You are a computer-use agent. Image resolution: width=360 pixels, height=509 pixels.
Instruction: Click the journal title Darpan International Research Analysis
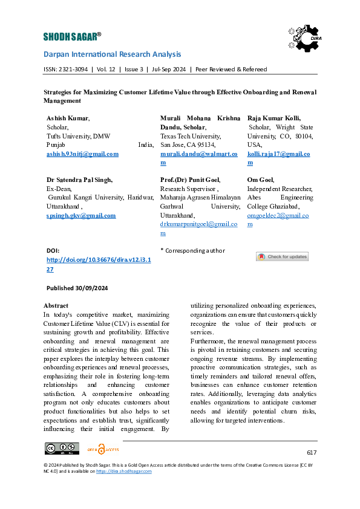[x=112, y=54]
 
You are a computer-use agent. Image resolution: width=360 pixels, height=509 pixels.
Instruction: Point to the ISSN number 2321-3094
[x=74, y=70]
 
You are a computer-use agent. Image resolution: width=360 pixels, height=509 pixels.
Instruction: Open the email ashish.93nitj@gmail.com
[x=82, y=154]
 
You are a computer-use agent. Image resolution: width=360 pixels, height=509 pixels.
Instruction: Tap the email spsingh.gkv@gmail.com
[x=80, y=216]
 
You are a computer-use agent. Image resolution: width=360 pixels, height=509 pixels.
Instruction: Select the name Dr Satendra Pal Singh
[x=79, y=180]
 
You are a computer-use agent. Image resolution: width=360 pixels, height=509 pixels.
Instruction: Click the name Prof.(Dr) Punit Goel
[x=190, y=180]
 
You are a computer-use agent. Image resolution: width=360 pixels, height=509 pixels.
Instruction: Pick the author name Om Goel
[x=261, y=180]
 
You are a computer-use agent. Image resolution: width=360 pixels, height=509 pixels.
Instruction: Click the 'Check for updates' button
[x=282, y=256]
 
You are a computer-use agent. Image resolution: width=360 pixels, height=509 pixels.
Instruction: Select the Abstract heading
[x=56, y=305]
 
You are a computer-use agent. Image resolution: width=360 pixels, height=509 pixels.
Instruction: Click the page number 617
[x=311, y=452]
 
